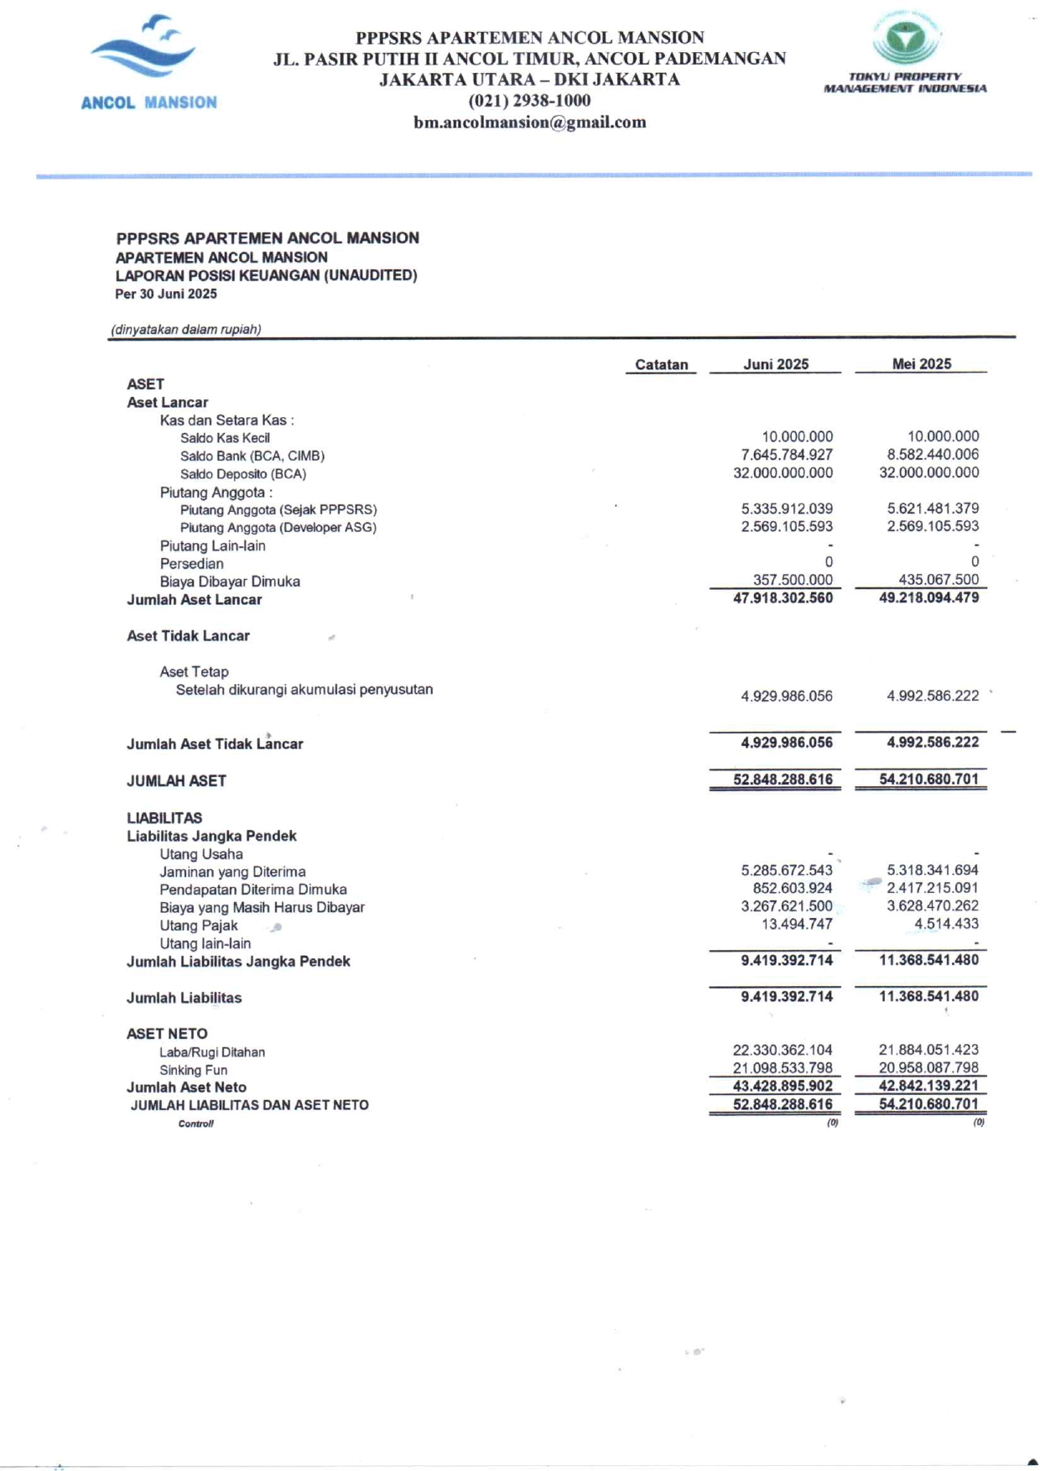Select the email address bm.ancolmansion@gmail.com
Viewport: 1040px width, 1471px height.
coord(529,123)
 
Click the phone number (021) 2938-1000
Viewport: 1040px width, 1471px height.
coord(529,101)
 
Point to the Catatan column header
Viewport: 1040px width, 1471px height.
coord(661,364)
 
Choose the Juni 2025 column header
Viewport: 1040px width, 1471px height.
coord(776,364)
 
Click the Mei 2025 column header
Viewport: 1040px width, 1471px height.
coord(921,364)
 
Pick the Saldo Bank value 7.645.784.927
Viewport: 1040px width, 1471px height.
coord(786,455)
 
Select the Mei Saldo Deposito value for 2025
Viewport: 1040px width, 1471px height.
coord(928,472)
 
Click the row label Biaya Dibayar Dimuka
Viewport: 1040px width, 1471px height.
coord(230,582)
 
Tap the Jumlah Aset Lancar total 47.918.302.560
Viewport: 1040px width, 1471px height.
coord(783,598)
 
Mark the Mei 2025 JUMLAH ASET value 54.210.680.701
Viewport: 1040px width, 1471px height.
coord(928,780)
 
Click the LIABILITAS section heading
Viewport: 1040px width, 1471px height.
coord(164,818)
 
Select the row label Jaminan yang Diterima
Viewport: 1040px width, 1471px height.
coord(232,872)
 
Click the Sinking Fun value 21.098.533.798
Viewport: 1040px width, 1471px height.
coord(783,1068)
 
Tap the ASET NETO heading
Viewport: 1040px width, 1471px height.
coord(167,1034)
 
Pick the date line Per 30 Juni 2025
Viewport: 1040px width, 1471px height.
coord(166,295)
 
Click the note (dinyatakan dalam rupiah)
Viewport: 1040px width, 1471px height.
coord(186,330)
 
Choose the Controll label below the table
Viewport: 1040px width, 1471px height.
coord(195,1124)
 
